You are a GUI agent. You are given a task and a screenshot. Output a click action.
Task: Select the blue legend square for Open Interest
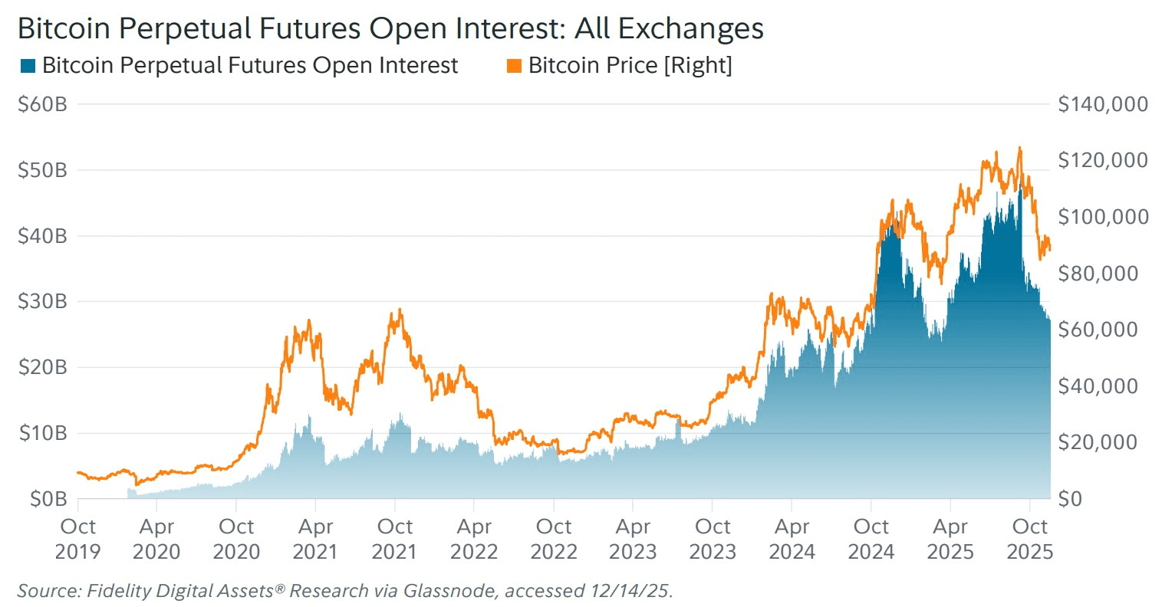28,66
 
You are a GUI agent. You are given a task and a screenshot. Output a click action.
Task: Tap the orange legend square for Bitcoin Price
514,66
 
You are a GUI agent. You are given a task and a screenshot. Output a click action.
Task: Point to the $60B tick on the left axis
42,104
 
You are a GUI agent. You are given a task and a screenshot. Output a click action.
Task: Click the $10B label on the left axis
42,433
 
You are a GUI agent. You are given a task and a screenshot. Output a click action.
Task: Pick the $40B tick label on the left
42,236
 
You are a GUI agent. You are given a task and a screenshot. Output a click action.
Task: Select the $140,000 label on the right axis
1103,104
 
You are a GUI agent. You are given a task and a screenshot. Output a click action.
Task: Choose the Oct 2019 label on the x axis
77,539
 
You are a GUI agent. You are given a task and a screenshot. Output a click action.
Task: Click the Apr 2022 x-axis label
474,539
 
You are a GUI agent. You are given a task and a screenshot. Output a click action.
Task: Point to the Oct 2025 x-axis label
1029,539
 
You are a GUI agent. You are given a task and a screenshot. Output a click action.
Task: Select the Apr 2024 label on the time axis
792,539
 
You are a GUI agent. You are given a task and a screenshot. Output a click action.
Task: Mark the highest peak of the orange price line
1019,148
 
